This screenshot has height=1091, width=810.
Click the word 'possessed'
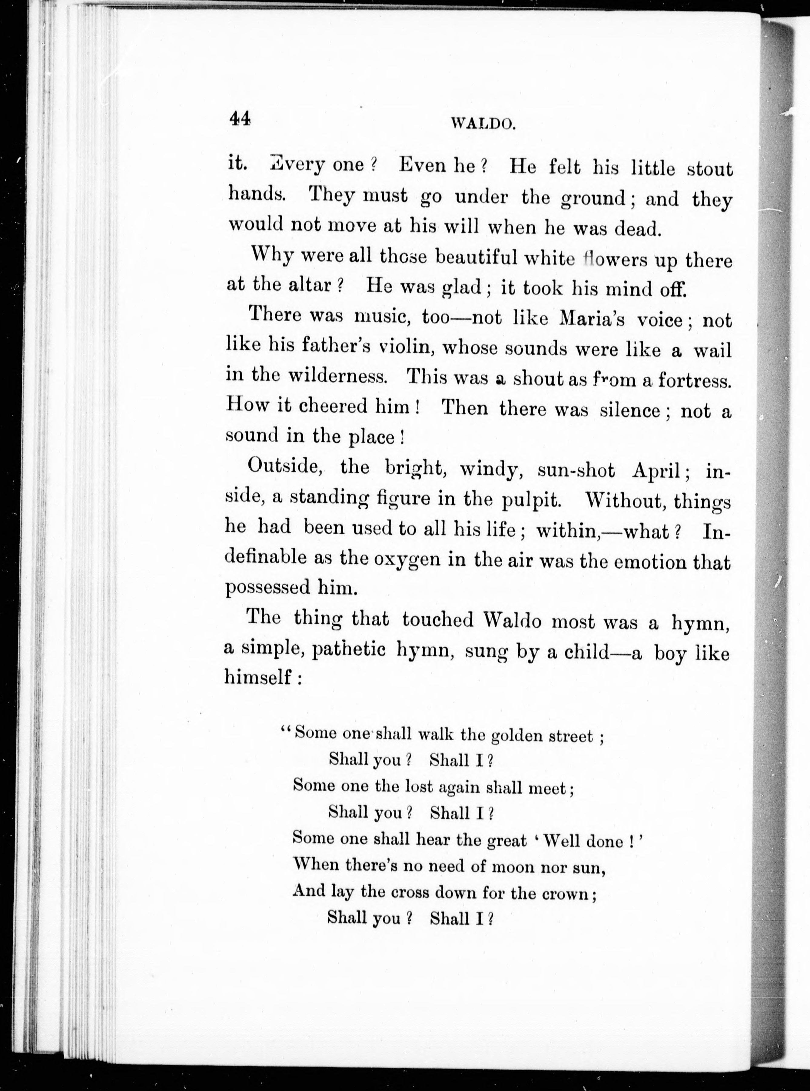267,587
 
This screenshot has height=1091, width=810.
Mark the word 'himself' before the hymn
258,678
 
